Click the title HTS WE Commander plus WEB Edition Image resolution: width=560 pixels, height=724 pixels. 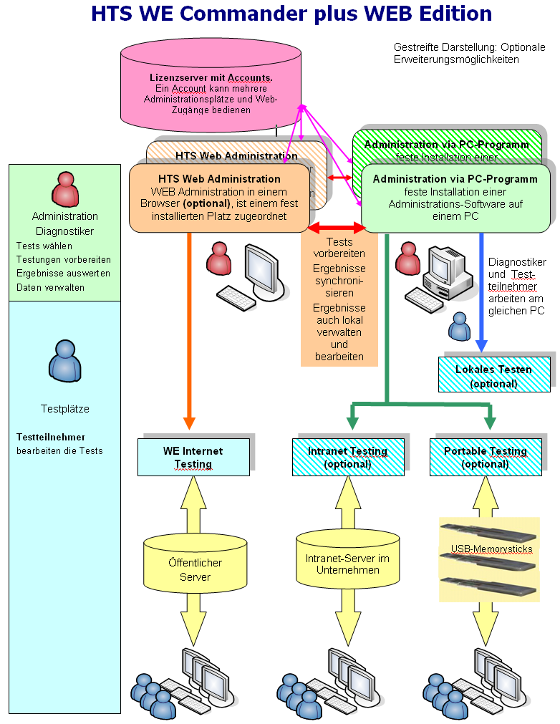[291, 14]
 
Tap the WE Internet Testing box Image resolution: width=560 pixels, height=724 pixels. [193, 458]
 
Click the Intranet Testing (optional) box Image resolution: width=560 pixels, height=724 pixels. [347, 457]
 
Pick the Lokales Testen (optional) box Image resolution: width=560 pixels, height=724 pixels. [493, 376]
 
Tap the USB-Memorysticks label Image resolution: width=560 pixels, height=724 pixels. [486, 549]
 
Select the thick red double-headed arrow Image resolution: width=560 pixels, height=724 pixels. [337, 227]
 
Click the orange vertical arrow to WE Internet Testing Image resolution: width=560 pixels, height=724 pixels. [190, 329]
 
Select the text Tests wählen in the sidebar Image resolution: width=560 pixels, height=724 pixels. [44, 246]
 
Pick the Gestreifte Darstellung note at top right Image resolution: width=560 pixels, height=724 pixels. [469, 53]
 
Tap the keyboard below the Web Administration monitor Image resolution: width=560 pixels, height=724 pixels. [237, 297]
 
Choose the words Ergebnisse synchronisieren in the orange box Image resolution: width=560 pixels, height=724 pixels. [339, 280]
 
